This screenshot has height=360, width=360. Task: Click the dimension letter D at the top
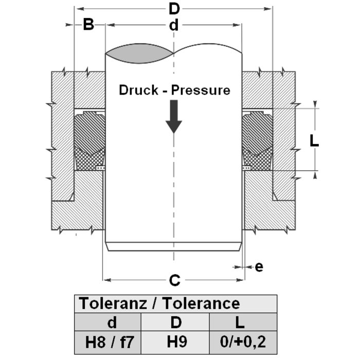[174, 9]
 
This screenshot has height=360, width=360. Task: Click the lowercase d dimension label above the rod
[174, 25]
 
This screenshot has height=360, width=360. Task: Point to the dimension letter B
[88, 25]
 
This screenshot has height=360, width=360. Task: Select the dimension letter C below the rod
[174, 280]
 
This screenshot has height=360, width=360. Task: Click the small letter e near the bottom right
[259, 266]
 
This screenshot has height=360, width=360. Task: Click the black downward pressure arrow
[174, 116]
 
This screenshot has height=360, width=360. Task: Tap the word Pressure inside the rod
[201, 90]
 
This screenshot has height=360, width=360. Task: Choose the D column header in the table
[176, 322]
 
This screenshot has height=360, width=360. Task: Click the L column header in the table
[239, 322]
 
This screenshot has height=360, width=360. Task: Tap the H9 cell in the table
[176, 341]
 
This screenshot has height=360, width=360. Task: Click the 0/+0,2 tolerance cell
[239, 341]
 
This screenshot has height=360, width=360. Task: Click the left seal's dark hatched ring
[88, 132]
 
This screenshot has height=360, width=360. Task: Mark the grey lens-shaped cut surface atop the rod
[139, 53]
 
